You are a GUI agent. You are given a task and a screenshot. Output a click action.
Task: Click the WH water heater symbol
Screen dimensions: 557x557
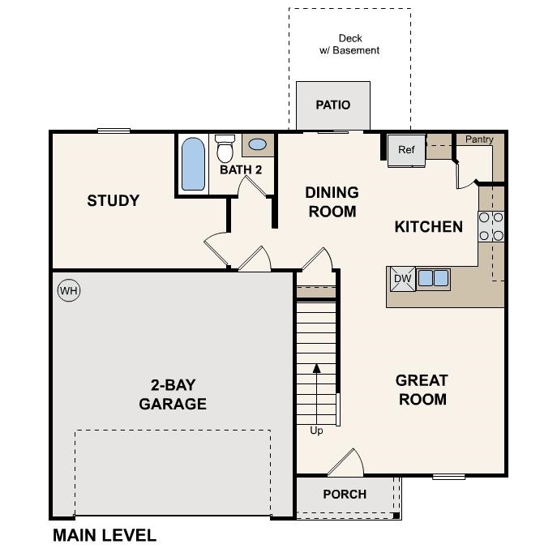coord(69,290)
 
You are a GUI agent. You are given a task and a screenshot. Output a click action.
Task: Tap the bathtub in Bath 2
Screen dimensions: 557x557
coord(193,164)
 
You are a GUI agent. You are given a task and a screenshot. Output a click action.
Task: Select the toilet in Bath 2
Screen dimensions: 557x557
coord(225,149)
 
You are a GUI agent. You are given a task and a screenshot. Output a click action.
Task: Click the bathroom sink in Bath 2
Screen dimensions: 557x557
coord(257,145)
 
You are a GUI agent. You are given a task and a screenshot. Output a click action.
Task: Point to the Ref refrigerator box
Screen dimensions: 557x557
coord(406,150)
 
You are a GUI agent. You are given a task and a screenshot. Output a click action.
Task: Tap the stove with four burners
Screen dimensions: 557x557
coord(491,226)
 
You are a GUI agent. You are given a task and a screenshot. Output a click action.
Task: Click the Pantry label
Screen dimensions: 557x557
coord(478,139)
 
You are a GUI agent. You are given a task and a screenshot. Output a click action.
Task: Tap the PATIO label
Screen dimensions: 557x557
coord(333,105)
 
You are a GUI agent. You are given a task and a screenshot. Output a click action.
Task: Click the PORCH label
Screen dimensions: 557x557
coord(345,494)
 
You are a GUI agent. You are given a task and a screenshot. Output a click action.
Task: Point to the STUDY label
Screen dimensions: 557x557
coord(114,200)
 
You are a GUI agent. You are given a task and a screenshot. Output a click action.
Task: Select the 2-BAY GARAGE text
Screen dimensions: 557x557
coord(172,394)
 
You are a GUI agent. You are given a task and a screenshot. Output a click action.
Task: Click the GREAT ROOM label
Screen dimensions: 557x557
coord(422,389)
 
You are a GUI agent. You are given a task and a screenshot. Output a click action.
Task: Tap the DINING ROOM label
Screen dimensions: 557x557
coord(332,202)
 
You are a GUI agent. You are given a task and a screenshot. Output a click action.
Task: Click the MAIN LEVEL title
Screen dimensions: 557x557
coord(105,535)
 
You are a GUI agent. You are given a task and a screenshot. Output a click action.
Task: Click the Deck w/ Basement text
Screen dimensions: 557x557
coord(349,44)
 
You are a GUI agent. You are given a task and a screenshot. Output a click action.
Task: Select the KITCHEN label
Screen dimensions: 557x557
coord(428,226)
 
